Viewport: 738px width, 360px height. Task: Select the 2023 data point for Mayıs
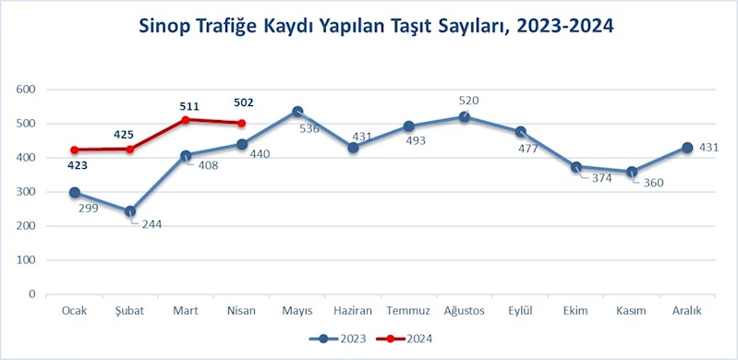pos(296,112)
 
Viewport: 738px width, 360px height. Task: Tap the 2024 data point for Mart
pos(186,120)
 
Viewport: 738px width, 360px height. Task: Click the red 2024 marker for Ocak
pos(75,150)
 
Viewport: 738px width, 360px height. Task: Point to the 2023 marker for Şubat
pos(130,211)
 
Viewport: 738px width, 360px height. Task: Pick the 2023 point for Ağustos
pos(464,117)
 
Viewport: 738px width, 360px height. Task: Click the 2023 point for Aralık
pos(686,148)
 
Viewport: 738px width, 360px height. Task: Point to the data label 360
pos(655,182)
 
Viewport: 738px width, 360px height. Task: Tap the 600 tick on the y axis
pos(26,90)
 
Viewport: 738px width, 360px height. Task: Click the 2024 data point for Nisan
pos(241,123)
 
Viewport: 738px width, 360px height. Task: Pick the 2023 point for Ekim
pos(575,167)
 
